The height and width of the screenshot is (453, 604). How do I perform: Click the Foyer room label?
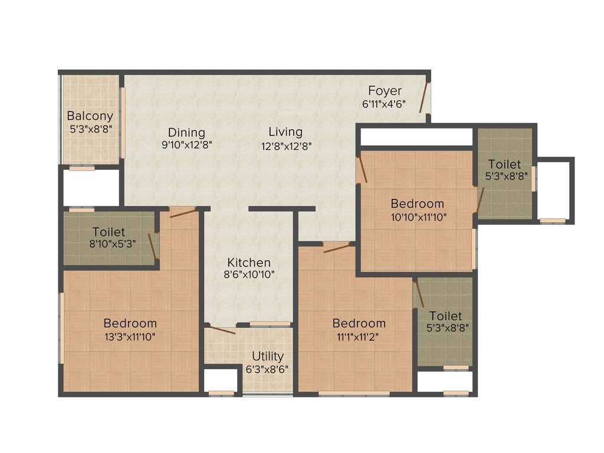pyautogui.click(x=385, y=91)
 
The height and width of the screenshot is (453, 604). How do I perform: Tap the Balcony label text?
pyautogui.click(x=90, y=116)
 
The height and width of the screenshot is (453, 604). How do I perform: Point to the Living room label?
pyautogui.click(x=285, y=132)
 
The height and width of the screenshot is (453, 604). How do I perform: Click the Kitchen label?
pyautogui.click(x=250, y=262)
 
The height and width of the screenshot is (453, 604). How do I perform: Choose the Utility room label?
pyautogui.click(x=268, y=356)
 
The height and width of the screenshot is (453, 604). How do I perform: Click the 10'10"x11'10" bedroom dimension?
pyautogui.click(x=418, y=216)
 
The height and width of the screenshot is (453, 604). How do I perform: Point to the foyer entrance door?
pyautogui.click(x=424, y=97)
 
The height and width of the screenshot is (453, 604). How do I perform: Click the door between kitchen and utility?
pyautogui.click(x=221, y=330)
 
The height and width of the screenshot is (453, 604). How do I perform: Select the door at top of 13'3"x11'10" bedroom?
pyautogui.click(x=182, y=212)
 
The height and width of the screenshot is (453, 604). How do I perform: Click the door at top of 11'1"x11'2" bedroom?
pyautogui.click(x=337, y=247)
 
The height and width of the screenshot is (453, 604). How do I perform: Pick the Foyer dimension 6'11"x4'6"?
pyautogui.click(x=384, y=103)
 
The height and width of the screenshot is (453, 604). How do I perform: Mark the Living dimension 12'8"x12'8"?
pyautogui.click(x=285, y=145)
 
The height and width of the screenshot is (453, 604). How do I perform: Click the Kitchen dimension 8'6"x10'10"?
pyautogui.click(x=250, y=274)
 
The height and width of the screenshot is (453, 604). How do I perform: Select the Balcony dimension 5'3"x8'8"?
pyautogui.click(x=90, y=127)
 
